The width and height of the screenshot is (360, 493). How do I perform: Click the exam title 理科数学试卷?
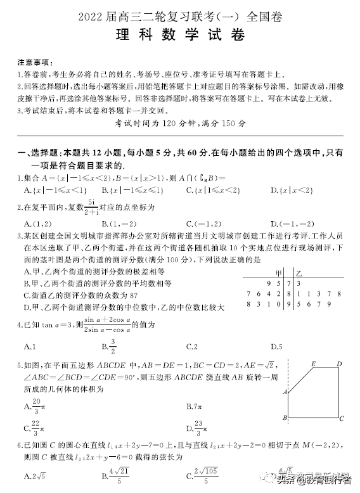pyautogui.click(x=180, y=35)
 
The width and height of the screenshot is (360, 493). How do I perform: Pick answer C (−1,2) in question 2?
pyautogui.click(x=203, y=224)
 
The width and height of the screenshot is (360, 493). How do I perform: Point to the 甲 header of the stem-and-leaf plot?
pyautogui.click(x=278, y=272)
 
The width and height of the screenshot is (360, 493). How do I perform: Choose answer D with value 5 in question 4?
pyautogui.click(x=276, y=347)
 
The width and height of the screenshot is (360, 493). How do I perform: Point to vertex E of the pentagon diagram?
pyautogui.click(x=314, y=364)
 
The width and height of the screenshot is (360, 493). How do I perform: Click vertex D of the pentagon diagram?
pyautogui.click(x=340, y=364)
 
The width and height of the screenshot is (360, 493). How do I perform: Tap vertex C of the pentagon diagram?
pyautogui.click(x=342, y=419)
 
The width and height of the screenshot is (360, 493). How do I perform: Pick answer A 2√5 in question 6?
pyautogui.click(x=29, y=476)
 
